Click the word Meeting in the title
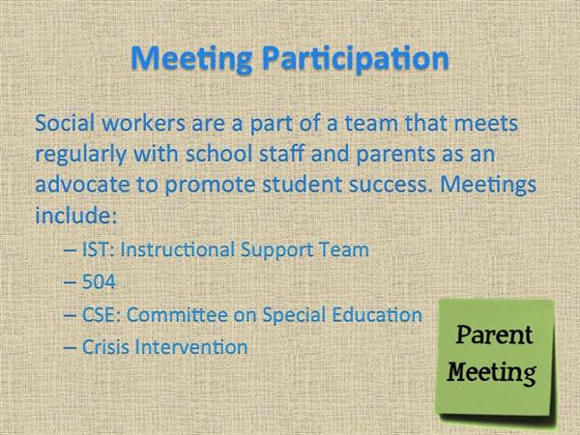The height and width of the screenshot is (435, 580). tap(192, 58)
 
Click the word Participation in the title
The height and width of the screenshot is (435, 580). tap(356, 58)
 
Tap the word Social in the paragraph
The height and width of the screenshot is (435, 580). tap(65, 123)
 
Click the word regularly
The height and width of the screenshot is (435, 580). tap(80, 155)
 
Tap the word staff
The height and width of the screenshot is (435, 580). tap(282, 153)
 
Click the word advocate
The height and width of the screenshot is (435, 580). tap(82, 184)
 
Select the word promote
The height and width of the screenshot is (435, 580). tap(210, 186)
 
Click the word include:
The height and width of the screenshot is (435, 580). tap(75, 215)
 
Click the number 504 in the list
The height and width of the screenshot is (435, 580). tap(99, 282)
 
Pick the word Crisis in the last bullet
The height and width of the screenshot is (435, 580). tap(105, 347)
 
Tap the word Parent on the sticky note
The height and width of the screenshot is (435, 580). tap(494, 334)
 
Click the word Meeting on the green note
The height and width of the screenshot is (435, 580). tap(492, 372)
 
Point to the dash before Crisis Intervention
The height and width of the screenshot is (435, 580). tap(71, 348)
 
